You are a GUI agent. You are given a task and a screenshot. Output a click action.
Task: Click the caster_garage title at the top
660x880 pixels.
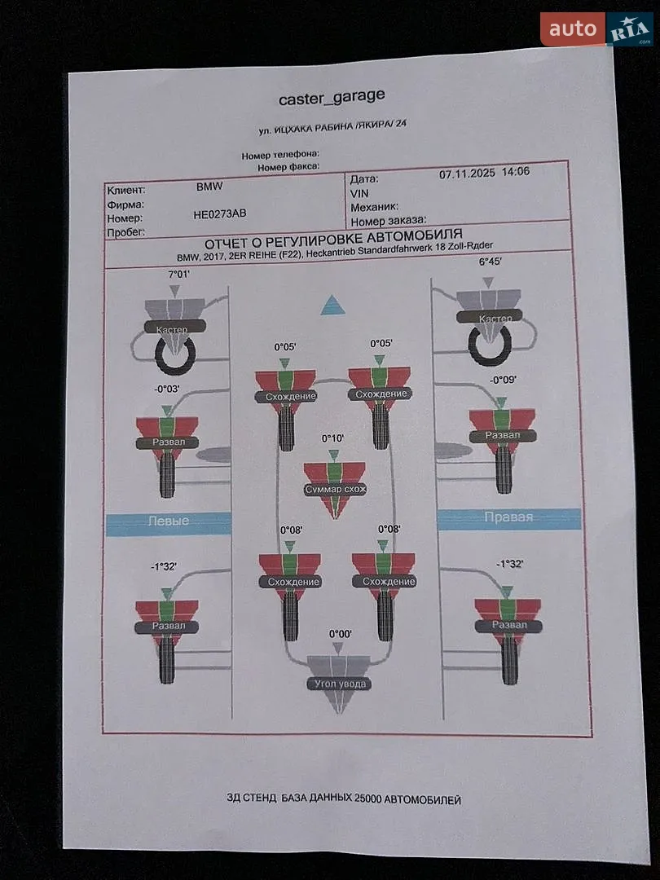tap(332, 98)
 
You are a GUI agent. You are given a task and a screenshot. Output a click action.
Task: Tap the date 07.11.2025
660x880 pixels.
tap(467, 174)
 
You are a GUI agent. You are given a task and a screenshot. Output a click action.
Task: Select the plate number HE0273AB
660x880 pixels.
tap(219, 213)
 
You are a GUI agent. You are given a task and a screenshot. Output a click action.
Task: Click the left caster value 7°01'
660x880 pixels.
tap(179, 275)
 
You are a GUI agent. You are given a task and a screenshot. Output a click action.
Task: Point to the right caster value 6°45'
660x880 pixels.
tap(490, 262)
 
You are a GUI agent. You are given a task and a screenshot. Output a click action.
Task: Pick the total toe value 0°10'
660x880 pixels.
tap(332, 438)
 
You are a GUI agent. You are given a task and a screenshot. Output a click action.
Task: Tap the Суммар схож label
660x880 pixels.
tap(335, 490)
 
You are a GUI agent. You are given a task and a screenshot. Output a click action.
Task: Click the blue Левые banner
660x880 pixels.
tap(169, 524)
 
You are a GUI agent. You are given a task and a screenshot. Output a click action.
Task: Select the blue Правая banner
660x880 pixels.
tap(508, 518)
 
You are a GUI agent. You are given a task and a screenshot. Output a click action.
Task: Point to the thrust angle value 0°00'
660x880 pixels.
tap(340, 634)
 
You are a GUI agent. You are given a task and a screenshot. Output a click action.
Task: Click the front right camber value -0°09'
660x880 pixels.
tap(503, 380)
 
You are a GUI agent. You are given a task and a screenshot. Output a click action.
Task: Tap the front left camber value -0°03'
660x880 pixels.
tap(167, 389)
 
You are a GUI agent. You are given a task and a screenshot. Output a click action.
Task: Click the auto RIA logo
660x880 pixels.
tap(596, 29)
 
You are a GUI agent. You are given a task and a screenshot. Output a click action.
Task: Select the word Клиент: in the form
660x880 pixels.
tap(126, 190)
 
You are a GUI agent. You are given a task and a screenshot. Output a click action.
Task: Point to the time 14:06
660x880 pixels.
tap(515, 172)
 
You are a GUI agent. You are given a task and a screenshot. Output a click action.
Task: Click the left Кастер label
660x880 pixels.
tap(172, 329)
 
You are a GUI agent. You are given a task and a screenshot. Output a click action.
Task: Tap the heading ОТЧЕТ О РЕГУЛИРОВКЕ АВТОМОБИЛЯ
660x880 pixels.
tap(333, 239)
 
